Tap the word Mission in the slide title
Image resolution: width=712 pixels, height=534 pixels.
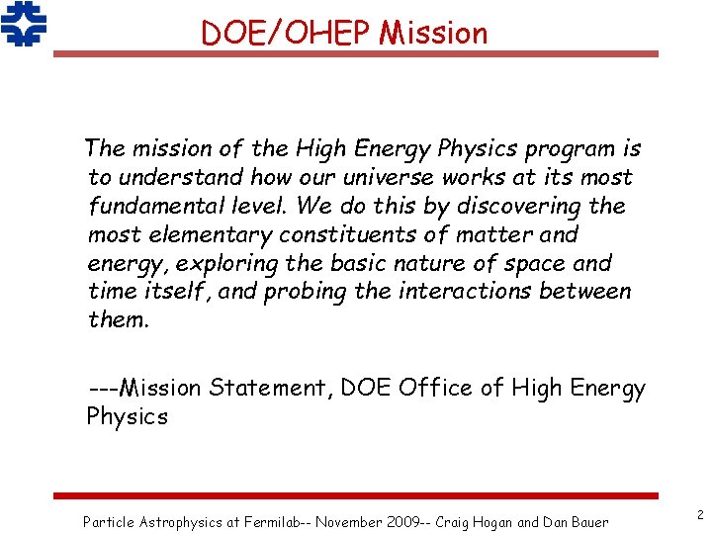pos(434,33)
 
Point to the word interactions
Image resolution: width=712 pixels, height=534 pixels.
pos(456,292)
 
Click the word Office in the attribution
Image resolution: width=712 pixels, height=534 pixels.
pos(436,389)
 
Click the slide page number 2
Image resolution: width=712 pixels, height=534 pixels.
pos(699,514)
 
